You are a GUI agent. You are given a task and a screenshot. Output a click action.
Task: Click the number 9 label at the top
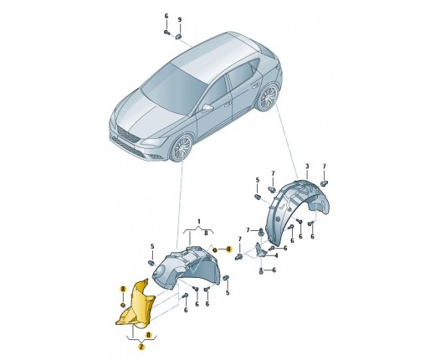tap(180, 20)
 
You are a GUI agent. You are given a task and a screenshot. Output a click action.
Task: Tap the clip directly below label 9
tap(179, 36)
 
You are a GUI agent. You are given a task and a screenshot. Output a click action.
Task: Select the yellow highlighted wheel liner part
tap(136, 305)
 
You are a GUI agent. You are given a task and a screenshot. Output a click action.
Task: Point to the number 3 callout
tap(307, 167)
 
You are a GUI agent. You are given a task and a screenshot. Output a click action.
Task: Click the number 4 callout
tap(276, 255)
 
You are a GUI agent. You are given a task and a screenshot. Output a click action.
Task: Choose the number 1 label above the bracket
tap(199, 222)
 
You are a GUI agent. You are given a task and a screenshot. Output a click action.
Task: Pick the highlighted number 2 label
tap(141, 347)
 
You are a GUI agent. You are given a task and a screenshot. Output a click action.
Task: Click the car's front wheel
tap(182, 148)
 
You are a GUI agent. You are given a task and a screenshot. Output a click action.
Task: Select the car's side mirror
tap(207, 107)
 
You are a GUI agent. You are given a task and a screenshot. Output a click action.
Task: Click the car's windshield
tap(172, 88)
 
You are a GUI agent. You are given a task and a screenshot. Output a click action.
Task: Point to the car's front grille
tap(128, 135)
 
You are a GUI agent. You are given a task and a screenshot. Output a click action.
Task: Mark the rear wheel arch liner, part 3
tap(295, 210)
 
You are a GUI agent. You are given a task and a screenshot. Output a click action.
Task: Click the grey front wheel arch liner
tap(185, 267)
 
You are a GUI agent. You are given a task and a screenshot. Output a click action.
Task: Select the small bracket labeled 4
tap(261, 249)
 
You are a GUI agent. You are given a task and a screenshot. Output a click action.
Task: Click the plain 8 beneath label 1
tap(206, 234)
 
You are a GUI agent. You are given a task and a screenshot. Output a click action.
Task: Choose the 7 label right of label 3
tap(324, 167)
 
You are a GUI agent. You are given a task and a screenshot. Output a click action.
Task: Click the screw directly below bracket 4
tap(261, 270)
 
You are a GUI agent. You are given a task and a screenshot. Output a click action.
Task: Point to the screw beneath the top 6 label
tap(166, 33)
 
